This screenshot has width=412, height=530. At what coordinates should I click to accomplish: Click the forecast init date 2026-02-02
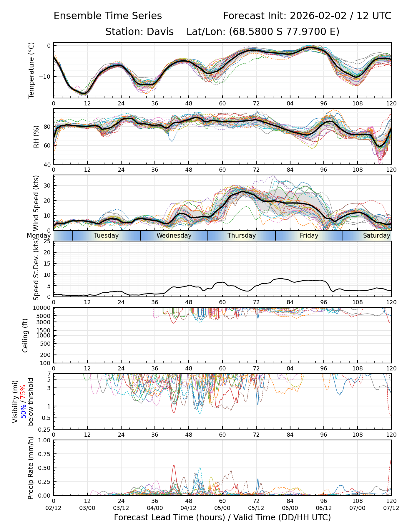click(318, 16)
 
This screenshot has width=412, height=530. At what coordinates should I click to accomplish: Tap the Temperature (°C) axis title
click(31, 70)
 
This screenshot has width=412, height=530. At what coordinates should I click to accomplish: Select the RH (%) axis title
click(36, 137)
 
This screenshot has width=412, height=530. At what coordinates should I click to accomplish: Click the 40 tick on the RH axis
click(47, 164)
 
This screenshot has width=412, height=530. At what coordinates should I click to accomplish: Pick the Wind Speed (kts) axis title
click(36, 203)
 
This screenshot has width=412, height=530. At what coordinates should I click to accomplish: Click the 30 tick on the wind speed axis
click(47, 185)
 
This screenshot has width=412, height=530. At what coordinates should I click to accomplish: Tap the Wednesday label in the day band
click(174, 236)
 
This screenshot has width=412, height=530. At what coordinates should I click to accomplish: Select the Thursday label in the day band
click(242, 236)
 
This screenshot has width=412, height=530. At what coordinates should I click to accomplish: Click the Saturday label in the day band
click(376, 236)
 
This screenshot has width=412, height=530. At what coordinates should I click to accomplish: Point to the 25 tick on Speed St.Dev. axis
click(47, 241)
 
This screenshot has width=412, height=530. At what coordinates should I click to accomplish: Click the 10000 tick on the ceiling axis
click(43, 308)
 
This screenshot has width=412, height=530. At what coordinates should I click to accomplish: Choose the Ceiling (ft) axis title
click(26, 335)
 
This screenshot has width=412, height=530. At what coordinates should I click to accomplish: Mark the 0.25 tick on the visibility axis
click(45, 429)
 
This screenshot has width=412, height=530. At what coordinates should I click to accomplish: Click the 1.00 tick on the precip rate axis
click(44, 440)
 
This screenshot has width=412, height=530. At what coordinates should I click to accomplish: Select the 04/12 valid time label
click(189, 508)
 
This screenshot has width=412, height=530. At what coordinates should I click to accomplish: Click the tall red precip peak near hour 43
click(174, 466)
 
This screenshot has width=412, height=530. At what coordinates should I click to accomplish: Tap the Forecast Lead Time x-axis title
click(222, 517)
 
